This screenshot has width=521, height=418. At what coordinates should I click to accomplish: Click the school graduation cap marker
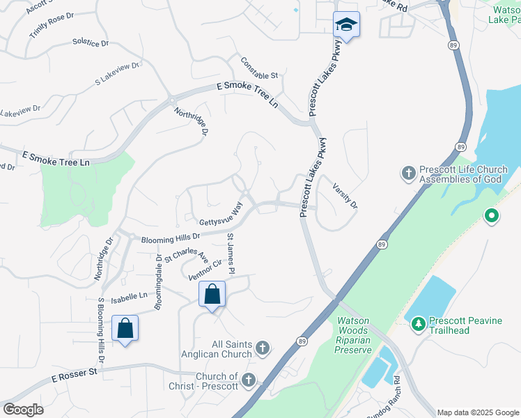(x=346, y=25)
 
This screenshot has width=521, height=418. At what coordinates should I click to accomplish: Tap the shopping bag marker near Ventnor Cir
(x=212, y=294)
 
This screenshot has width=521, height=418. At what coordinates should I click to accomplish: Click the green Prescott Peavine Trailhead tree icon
(x=418, y=323)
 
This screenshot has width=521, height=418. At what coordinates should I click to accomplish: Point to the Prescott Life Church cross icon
(x=409, y=172)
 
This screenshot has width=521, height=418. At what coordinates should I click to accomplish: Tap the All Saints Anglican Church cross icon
(x=263, y=347)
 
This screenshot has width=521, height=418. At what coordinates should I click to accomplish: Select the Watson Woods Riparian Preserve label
(x=354, y=335)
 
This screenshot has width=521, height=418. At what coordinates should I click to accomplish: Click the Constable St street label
(x=259, y=67)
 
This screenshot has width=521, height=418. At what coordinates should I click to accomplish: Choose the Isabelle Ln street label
(x=127, y=296)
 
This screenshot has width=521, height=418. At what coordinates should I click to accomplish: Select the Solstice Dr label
(x=91, y=42)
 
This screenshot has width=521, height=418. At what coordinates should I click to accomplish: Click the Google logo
(x=23, y=410)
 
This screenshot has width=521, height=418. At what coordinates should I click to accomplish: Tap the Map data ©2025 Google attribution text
(x=477, y=412)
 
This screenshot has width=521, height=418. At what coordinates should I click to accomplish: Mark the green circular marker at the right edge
(x=492, y=216)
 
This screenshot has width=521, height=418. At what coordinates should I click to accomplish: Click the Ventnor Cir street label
(x=205, y=269)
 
